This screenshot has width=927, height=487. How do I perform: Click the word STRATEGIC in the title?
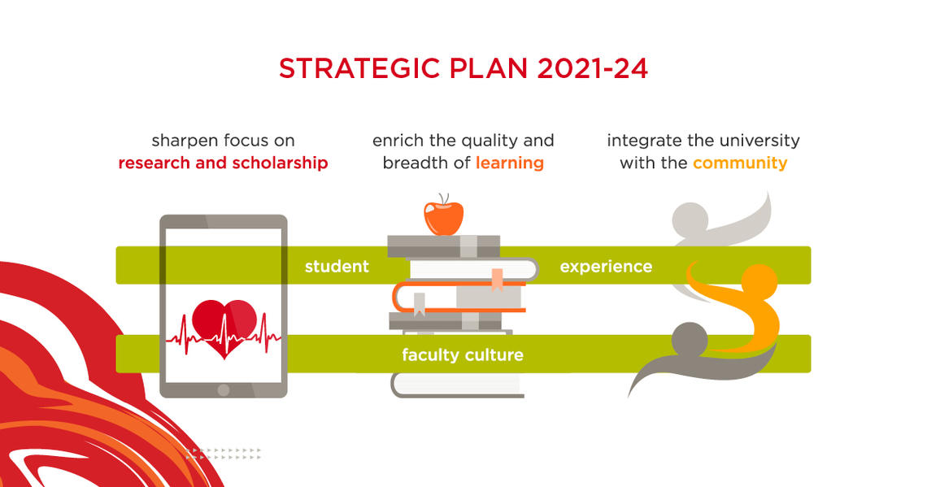(x=363, y=68)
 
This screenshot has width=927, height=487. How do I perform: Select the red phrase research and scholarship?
(x=223, y=163)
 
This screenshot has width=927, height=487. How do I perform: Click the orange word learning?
(x=510, y=163)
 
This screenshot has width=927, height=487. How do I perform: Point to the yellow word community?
(x=740, y=163)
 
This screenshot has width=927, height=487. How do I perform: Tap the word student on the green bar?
(x=337, y=266)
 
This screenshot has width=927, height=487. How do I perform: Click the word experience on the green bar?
(x=606, y=266)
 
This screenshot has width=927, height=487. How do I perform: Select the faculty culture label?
(x=463, y=355)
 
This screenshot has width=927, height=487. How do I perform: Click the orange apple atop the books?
(x=443, y=215)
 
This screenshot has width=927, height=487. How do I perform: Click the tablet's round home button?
(x=223, y=389)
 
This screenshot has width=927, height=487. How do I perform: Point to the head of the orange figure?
(x=759, y=281)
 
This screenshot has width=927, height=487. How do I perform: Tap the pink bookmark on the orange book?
(x=496, y=279)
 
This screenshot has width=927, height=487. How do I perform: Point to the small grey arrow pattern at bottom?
(x=224, y=453)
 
